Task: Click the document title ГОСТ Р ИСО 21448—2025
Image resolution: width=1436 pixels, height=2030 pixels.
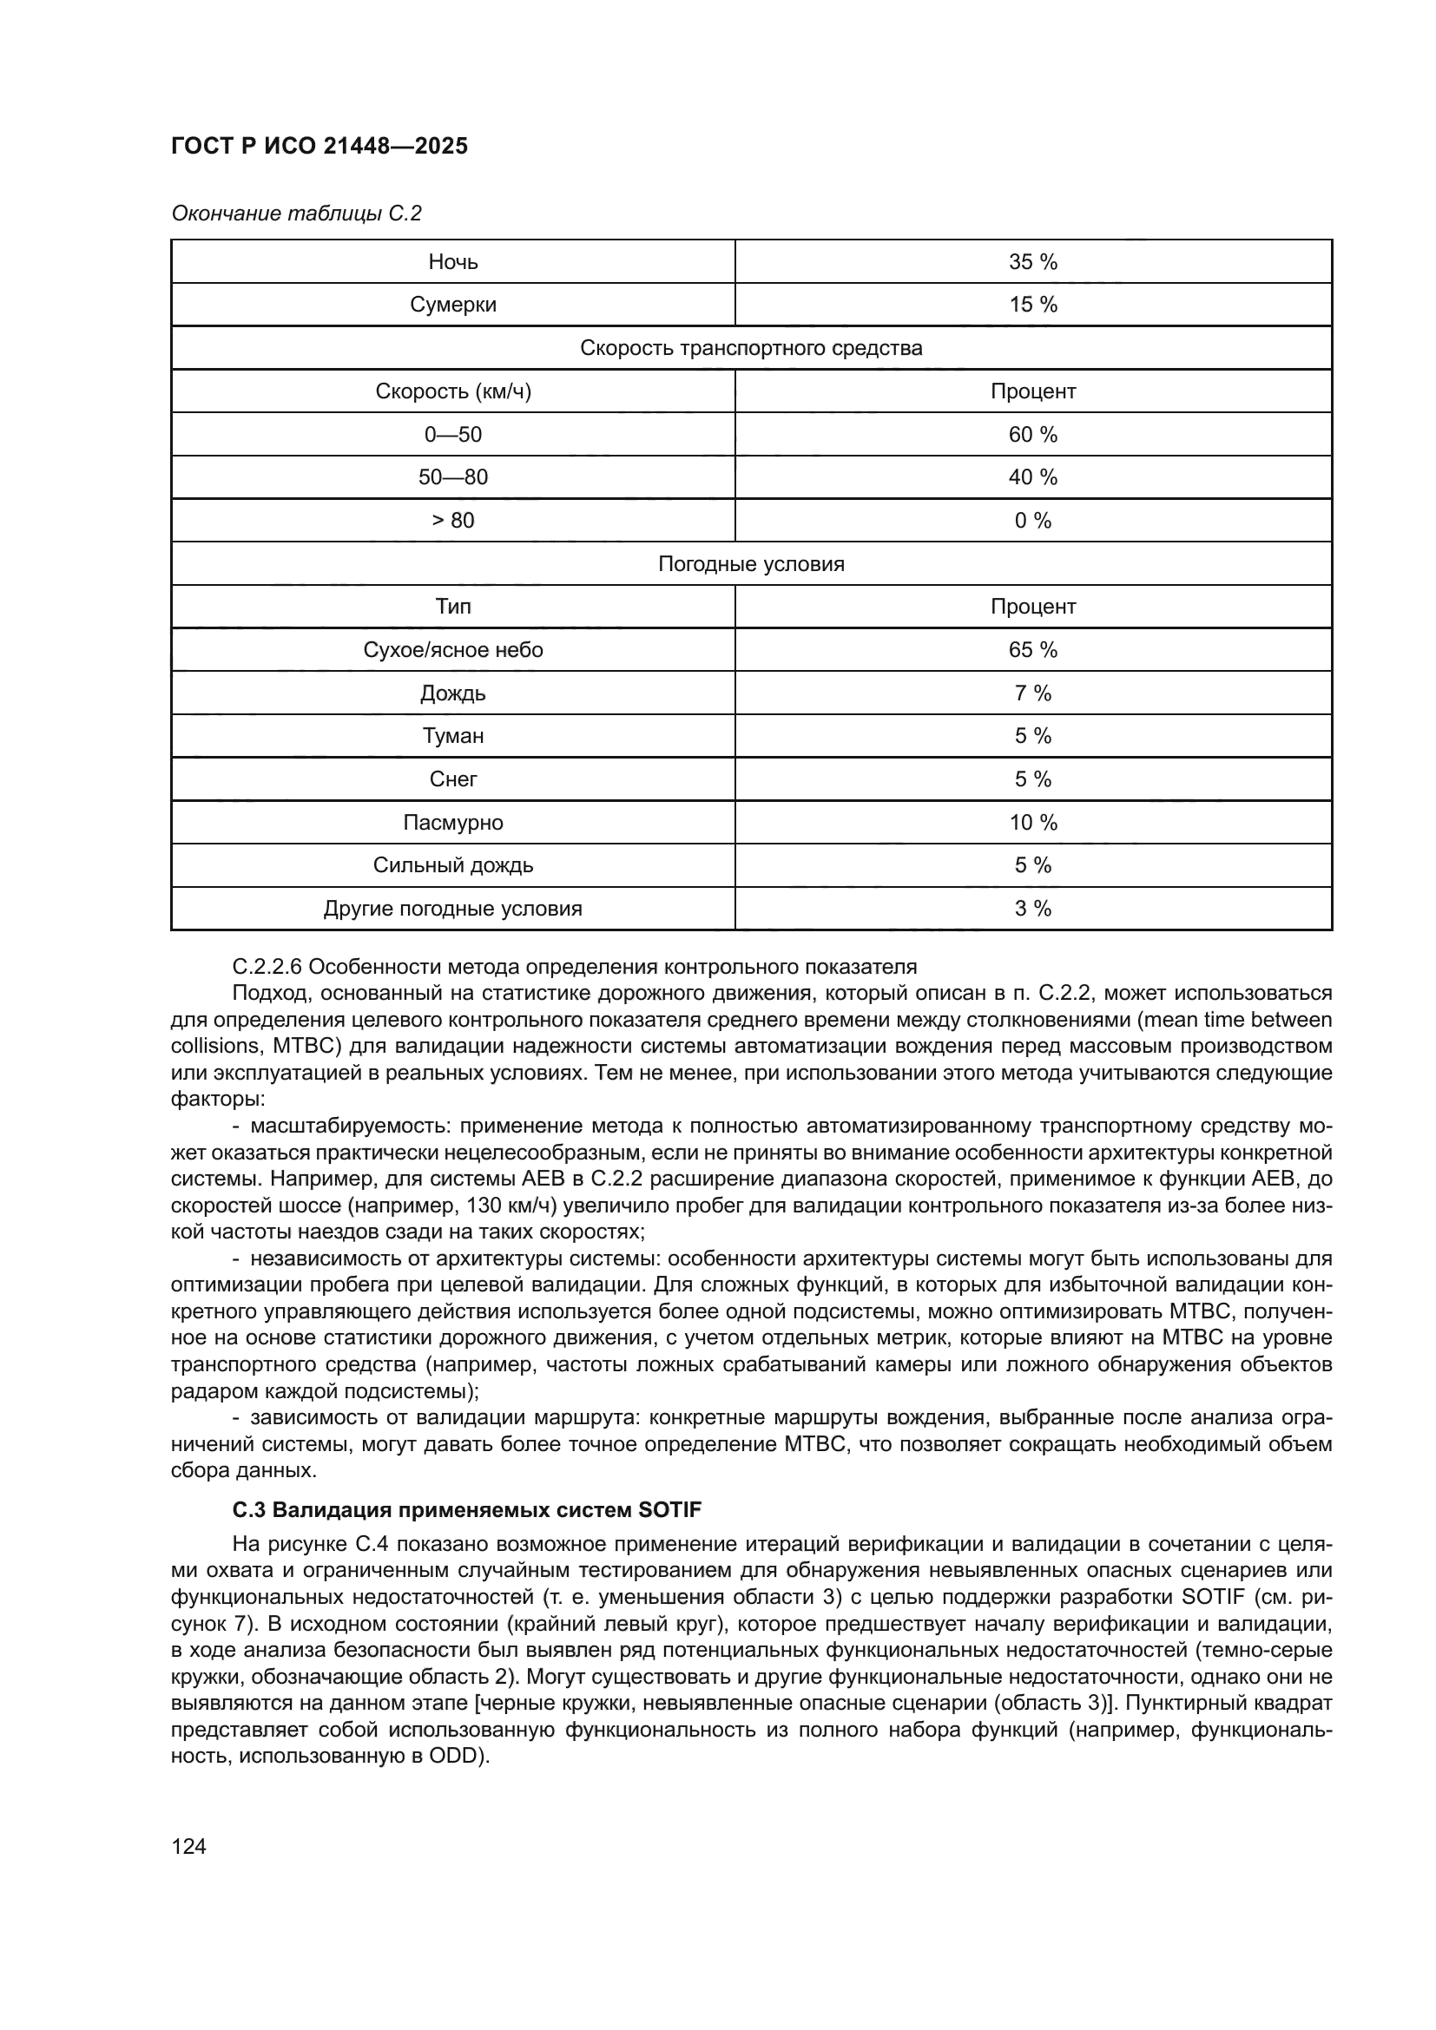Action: click(319, 146)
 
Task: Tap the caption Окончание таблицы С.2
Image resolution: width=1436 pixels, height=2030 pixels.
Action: click(296, 214)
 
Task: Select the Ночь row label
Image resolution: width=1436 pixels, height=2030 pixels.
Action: click(452, 262)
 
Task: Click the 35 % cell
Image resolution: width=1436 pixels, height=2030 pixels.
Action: click(1033, 262)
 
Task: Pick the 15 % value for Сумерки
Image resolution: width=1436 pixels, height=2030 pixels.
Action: click(1033, 305)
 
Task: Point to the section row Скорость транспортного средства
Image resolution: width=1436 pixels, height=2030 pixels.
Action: click(751, 347)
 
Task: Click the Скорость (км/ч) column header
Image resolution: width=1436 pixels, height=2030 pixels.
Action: click(452, 391)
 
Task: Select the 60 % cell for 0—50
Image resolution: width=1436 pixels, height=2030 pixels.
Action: click(1033, 434)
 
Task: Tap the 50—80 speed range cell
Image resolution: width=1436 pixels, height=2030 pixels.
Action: click(452, 477)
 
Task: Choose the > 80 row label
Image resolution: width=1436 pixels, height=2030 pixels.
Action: click(452, 521)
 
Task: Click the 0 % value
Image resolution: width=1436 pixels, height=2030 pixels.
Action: click(1033, 521)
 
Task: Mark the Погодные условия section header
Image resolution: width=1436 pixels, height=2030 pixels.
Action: click(751, 564)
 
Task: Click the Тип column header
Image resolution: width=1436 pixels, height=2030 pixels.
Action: click(452, 607)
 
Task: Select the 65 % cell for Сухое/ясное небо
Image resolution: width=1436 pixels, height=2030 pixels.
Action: click(1033, 650)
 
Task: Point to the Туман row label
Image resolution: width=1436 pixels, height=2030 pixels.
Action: click(452, 737)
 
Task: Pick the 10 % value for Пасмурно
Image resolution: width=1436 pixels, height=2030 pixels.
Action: click(1033, 823)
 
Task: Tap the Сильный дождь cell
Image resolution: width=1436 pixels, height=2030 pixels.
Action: click(452, 865)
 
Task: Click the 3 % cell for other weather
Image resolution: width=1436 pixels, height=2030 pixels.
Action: click(1033, 909)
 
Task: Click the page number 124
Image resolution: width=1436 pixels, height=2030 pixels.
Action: click(188, 1846)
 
